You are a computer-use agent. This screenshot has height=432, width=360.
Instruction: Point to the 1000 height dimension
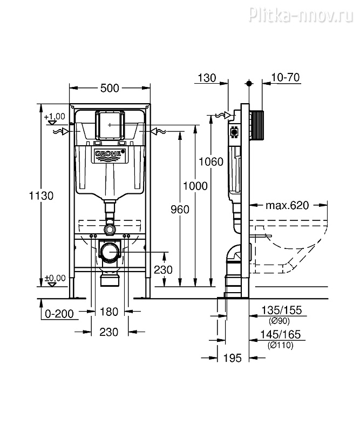(x=195, y=186)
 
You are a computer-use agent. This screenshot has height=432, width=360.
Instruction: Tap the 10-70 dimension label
(x=286, y=78)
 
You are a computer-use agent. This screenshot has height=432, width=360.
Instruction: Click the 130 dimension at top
(x=207, y=78)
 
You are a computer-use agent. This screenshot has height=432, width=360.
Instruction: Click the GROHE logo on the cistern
(x=110, y=155)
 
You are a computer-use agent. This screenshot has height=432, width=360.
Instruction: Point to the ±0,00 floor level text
(x=55, y=278)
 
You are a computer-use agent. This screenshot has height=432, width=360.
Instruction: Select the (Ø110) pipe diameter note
(x=281, y=346)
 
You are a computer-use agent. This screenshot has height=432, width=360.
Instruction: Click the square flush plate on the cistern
(x=110, y=125)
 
